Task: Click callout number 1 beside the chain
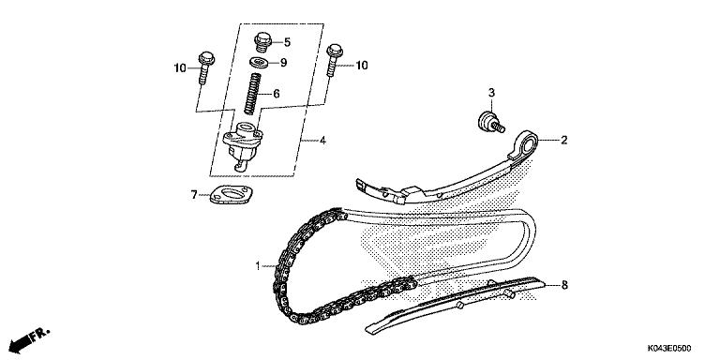click(x=257, y=266)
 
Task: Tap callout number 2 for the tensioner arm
click(x=564, y=142)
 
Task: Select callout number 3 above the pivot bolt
click(x=489, y=93)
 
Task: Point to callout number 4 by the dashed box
click(x=322, y=142)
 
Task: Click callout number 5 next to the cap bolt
click(x=287, y=42)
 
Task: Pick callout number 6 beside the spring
click(x=276, y=94)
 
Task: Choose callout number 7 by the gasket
click(x=194, y=195)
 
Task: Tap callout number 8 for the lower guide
click(x=564, y=283)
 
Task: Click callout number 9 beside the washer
click(x=283, y=63)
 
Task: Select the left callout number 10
click(x=179, y=67)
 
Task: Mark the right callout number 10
click(x=361, y=66)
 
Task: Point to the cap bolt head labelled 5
click(x=263, y=41)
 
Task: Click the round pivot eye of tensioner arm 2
click(x=529, y=143)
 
